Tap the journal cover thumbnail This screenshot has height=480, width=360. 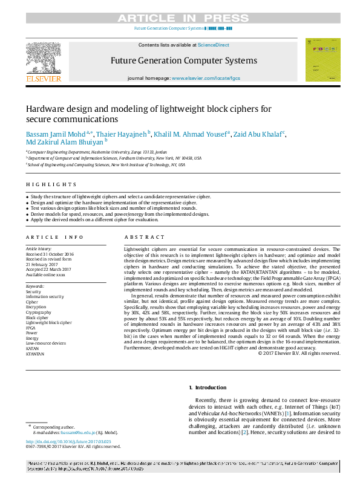click(322, 59)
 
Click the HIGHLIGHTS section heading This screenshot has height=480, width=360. click(51, 184)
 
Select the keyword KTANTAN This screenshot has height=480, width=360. click(35, 354)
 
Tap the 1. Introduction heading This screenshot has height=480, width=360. click(209, 387)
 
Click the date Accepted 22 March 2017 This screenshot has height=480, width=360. click(48, 269)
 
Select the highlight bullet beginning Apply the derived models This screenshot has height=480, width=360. click(91, 221)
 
